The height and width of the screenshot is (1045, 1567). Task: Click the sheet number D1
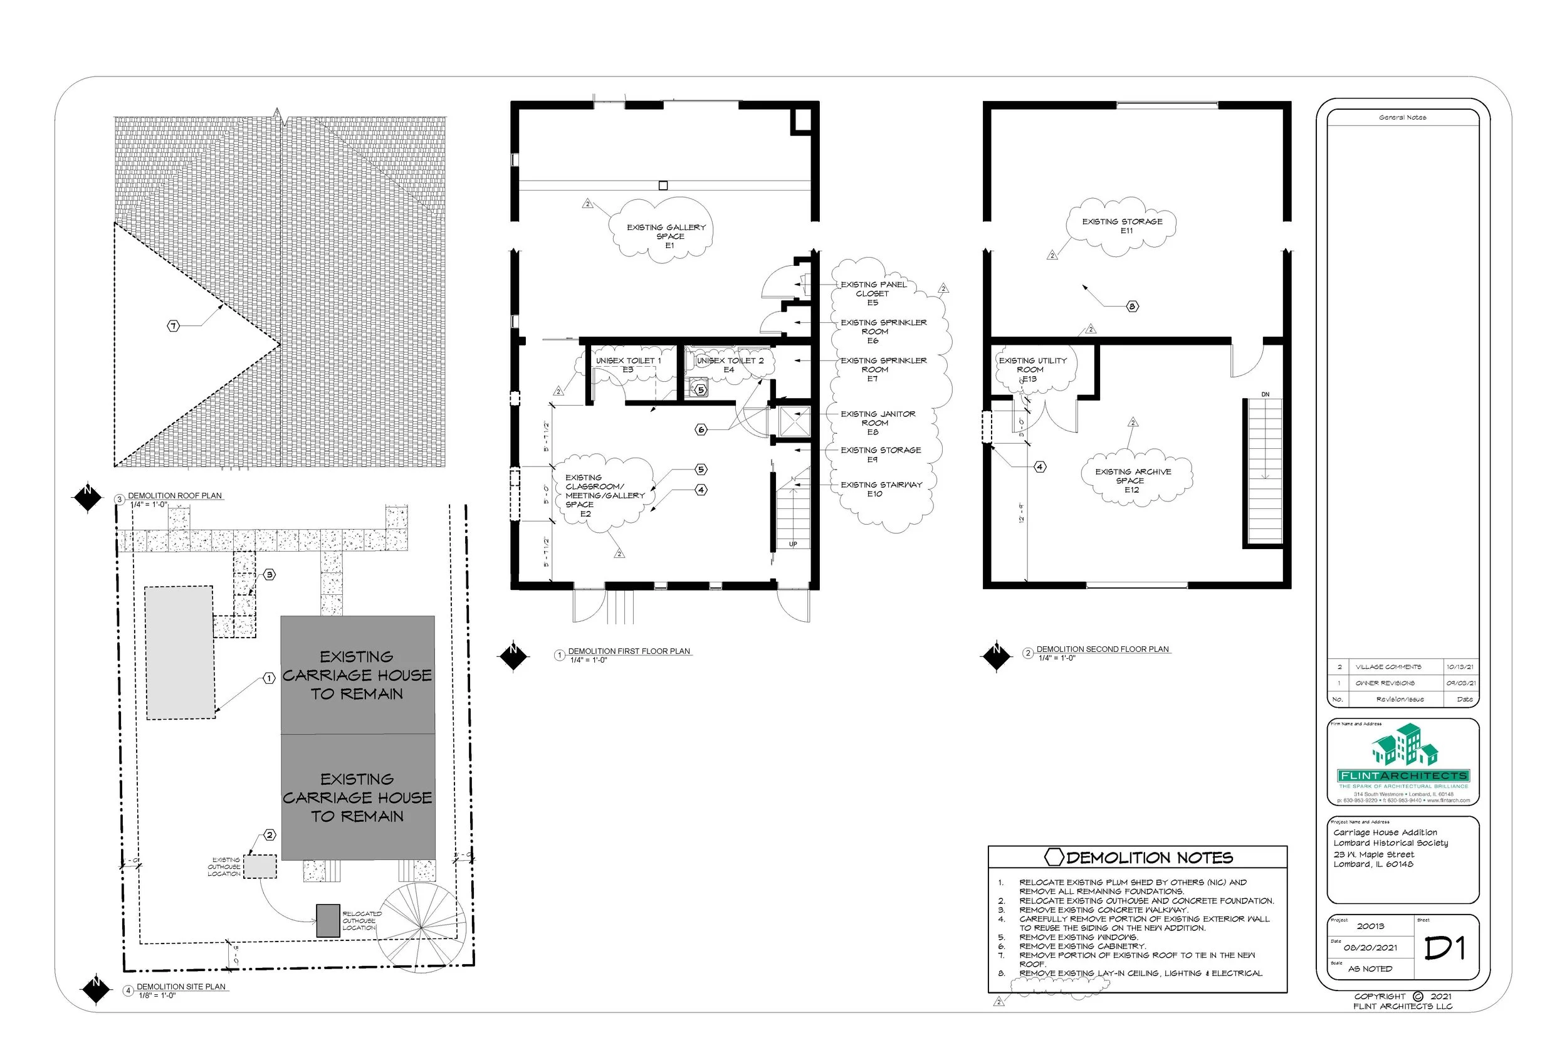pos(1444,948)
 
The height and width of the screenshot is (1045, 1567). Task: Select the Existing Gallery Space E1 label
pos(666,236)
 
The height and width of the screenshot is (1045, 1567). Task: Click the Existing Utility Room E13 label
pos(1032,369)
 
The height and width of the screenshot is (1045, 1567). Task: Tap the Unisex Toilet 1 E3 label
pos(627,365)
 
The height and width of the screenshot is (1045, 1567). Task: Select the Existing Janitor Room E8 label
pos(878,423)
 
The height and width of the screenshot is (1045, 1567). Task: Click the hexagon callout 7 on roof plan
pos(173,326)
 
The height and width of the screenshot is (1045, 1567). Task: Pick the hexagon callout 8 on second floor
pos(1132,307)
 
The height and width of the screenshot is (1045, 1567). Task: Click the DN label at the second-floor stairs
pos(1264,394)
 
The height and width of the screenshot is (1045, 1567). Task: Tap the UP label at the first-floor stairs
pos(793,545)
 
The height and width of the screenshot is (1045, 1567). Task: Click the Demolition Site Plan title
pos(181,986)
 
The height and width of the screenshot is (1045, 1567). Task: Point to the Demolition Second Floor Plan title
pos(1102,649)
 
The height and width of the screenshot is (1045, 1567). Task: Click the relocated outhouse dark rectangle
pos(328,920)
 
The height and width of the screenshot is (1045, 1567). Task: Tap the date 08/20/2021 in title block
pos(1370,948)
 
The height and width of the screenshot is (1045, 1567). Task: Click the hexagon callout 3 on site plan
pos(269,574)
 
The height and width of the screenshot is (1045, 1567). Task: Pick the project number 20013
pos(1370,926)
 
